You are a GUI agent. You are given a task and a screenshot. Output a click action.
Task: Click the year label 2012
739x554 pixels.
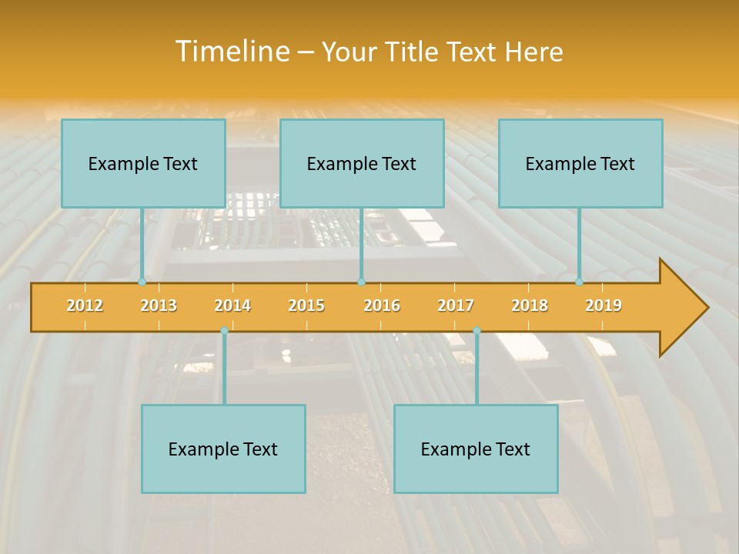tap(85, 306)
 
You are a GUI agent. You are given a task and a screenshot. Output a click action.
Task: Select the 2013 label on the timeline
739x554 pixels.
tap(159, 306)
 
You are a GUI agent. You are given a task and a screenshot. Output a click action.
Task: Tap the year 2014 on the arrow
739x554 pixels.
tap(232, 306)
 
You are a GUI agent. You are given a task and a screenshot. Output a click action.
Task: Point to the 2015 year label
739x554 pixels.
tap(306, 306)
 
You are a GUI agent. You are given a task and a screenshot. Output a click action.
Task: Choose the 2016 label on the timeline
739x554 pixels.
tap(382, 306)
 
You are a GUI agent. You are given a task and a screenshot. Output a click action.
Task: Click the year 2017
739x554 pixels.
tap(456, 306)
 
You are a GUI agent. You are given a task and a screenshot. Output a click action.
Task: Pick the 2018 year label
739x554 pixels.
tap(530, 306)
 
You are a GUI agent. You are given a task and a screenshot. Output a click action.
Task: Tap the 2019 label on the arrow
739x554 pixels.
tap(604, 306)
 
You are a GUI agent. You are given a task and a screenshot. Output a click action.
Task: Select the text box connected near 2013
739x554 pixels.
tap(143, 164)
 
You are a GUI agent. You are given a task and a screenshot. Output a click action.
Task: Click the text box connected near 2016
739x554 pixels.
tap(362, 164)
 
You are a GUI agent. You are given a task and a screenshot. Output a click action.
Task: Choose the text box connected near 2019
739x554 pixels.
tap(580, 164)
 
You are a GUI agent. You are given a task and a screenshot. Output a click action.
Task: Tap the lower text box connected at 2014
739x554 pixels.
tap(223, 449)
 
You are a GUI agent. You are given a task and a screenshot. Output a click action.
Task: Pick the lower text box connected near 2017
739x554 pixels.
tap(476, 449)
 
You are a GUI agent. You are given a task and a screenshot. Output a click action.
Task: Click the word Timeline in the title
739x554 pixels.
tap(232, 52)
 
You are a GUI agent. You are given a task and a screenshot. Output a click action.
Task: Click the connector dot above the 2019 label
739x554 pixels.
tap(580, 282)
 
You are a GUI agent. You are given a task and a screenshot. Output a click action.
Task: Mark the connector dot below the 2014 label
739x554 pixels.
tap(224, 331)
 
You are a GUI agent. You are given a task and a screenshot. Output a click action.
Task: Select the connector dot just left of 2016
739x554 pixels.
tap(361, 282)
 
